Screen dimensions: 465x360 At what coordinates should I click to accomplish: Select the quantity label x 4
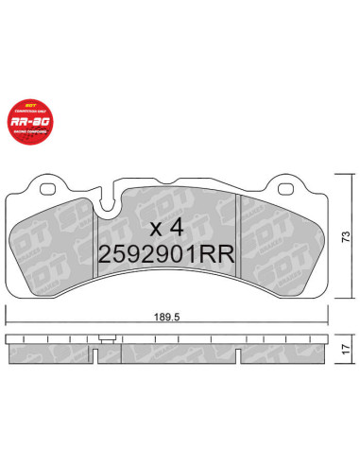pyautogui.click(x=167, y=227)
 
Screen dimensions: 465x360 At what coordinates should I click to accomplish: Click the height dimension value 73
pyautogui.click(x=346, y=234)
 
